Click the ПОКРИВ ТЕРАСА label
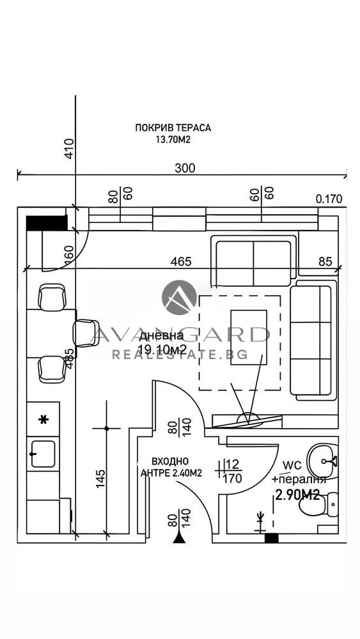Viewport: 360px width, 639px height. click(x=173, y=128)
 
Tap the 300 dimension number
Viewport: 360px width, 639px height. click(x=185, y=168)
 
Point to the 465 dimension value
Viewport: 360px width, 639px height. click(x=180, y=261)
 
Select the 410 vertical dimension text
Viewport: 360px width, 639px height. click(x=70, y=149)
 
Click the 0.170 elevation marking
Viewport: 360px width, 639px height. click(x=329, y=199)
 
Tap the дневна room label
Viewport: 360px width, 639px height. click(x=161, y=336)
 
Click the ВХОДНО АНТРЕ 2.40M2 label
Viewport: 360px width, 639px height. click(x=171, y=467)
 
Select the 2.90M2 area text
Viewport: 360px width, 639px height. click(x=297, y=495)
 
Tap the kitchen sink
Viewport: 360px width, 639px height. click(x=43, y=454)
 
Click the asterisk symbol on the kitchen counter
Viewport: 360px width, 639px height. click(x=43, y=419)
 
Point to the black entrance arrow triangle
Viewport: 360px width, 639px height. click(x=179, y=538)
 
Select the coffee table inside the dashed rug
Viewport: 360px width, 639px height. click(x=249, y=337)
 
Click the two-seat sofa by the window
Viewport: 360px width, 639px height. click(x=253, y=263)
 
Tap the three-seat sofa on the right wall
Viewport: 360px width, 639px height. click(x=313, y=340)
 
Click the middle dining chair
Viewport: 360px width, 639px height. click(x=85, y=334)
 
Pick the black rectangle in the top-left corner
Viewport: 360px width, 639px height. click(x=47, y=223)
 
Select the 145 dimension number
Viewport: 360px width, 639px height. click(x=100, y=480)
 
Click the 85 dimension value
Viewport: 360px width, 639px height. click(x=325, y=261)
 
